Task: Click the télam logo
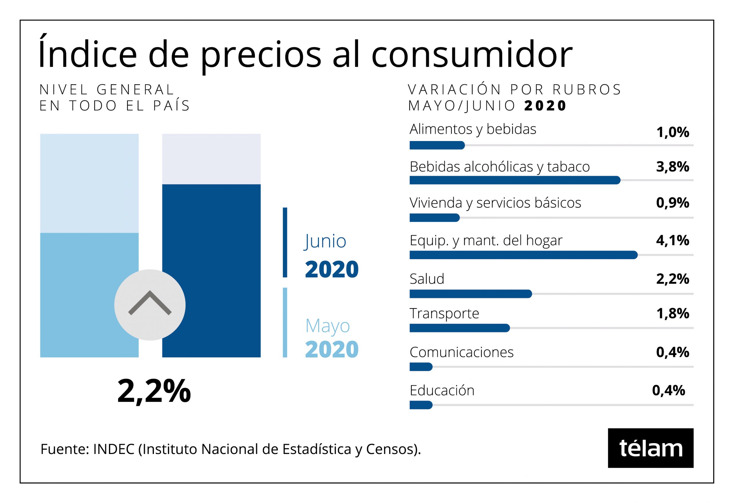[x=650, y=448]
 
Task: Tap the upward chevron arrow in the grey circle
[x=150, y=303]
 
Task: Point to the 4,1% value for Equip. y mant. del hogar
[x=672, y=240]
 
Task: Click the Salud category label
[x=427, y=279]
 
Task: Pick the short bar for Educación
[x=421, y=405]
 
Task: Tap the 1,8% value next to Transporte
[x=672, y=314]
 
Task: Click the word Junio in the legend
[x=325, y=242]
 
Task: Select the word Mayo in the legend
[x=327, y=326]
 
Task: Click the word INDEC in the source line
[x=114, y=449]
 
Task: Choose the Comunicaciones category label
[x=461, y=352]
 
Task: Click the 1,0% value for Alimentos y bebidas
[x=672, y=132]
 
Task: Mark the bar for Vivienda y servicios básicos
[x=434, y=218]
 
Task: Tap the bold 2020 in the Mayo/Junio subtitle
[x=545, y=106]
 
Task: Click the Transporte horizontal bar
[x=460, y=328]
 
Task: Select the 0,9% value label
[x=672, y=203]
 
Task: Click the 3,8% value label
[x=672, y=167]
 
